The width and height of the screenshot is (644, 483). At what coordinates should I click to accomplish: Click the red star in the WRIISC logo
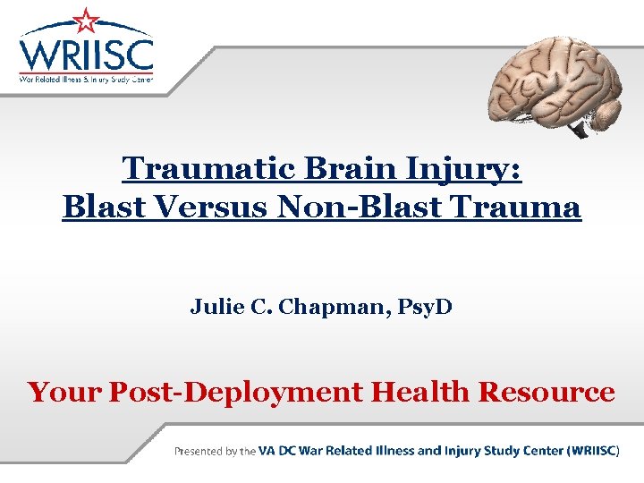[87, 20]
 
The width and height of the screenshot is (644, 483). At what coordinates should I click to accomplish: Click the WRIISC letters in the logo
[87, 54]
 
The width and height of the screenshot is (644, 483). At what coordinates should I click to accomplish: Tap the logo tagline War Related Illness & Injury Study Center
[87, 79]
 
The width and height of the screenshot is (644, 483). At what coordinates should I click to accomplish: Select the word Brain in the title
[335, 167]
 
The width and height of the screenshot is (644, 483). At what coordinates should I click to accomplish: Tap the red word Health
[421, 391]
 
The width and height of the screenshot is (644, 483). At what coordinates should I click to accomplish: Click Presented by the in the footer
[215, 451]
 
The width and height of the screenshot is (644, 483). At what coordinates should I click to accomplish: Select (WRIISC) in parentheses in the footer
[593, 451]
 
